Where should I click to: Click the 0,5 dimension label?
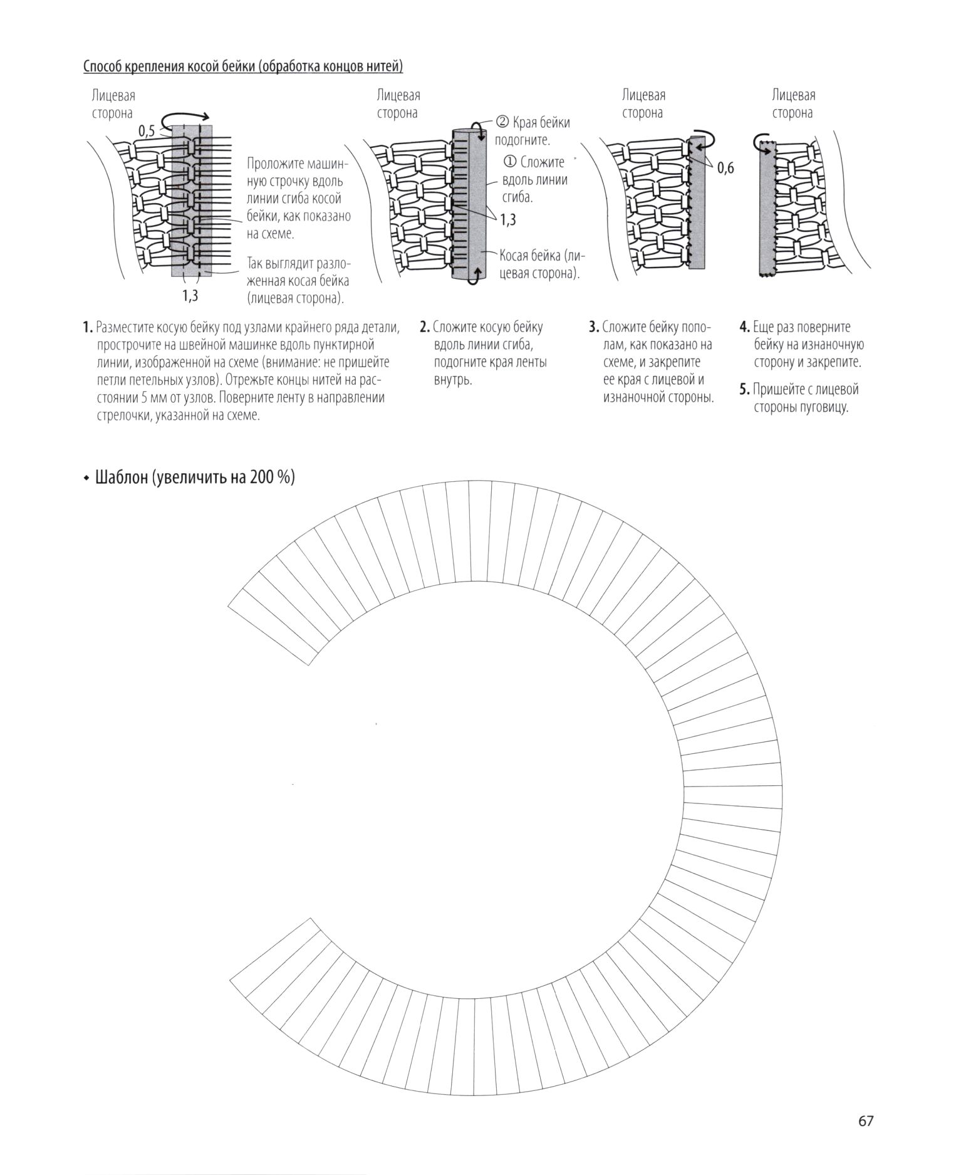(146, 131)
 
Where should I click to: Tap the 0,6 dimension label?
(725, 168)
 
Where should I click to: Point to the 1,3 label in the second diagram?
(508, 219)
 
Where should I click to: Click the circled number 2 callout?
(503, 122)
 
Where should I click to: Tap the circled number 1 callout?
(510, 162)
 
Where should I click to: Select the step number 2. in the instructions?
(425, 327)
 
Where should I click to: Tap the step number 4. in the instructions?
(744, 327)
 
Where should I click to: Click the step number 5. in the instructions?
(744, 389)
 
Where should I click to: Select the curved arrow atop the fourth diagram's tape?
(762, 139)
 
